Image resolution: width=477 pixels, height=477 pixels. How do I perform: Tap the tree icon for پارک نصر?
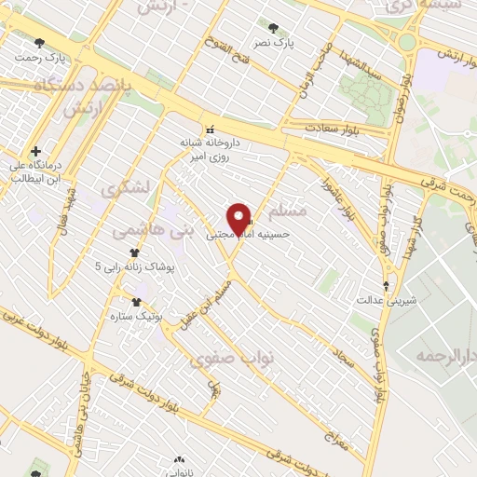273,28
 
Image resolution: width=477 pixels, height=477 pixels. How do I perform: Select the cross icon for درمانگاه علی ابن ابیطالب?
35,151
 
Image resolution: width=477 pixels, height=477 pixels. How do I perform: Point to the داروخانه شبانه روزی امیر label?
211,151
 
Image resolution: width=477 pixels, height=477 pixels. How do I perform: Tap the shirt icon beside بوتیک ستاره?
137,302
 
